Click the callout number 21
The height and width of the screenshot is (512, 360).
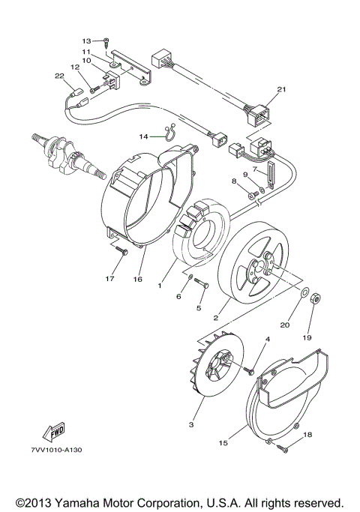(281, 90)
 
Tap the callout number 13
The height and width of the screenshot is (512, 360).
(86, 40)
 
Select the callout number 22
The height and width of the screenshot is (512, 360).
(59, 75)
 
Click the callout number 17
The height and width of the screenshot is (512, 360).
(109, 280)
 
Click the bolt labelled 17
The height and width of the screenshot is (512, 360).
(121, 258)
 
